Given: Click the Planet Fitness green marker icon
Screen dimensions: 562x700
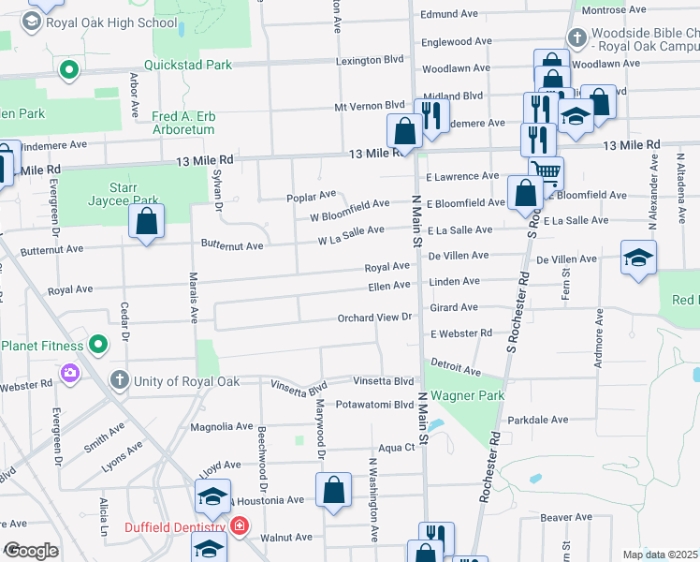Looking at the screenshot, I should click(98, 346).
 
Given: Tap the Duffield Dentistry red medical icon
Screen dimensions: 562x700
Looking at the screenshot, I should click(240, 527).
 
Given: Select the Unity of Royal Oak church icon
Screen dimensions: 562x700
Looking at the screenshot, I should click(119, 380).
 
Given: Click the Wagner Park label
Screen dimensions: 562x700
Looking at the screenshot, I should click(467, 395).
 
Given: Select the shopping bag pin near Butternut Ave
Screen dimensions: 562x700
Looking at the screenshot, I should click(146, 222).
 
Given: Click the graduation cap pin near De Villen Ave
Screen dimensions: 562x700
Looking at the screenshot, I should click(638, 259).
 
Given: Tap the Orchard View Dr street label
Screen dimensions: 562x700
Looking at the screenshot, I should click(375, 318).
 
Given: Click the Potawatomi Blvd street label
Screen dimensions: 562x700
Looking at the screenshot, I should click(374, 405).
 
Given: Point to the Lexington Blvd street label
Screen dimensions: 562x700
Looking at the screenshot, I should click(370, 59).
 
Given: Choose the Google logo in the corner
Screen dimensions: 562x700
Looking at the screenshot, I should click(31, 550).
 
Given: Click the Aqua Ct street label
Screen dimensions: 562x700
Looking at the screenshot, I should click(395, 448).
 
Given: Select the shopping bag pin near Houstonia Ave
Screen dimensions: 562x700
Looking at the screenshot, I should click(333, 491).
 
